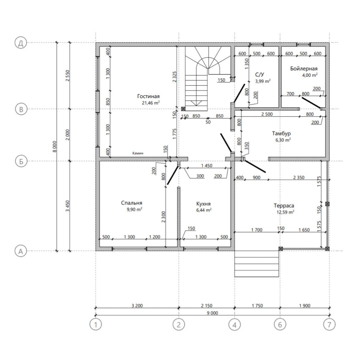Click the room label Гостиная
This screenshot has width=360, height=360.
pos(148,96)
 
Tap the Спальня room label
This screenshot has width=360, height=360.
pos(132,203)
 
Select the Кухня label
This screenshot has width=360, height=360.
pos(203,204)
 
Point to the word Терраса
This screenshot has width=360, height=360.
pos(284,206)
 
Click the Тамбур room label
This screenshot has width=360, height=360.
pos(281,133)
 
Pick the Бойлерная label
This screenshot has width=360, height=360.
pos(304,68)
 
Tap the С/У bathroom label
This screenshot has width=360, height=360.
pos(259,75)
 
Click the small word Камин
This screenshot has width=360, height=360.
pos(138,153)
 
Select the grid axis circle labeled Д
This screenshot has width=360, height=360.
pos(21,43)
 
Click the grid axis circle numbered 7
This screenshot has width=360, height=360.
pos(329,325)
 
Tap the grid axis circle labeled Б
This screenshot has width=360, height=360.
pos(21,161)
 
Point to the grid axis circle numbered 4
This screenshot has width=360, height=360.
pos(234,325)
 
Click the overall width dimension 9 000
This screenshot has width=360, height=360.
pos(212,313)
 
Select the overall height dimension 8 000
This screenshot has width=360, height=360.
pos(55,146)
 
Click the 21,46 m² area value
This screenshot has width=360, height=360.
pos(151,103)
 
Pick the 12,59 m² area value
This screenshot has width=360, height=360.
pos(285,212)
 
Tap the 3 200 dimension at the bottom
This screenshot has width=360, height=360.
pos(137,306)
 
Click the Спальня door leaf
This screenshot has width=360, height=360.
pos(172,175)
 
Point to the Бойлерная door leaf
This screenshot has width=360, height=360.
pos(311,103)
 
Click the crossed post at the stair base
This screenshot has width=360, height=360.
pos(183,109)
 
